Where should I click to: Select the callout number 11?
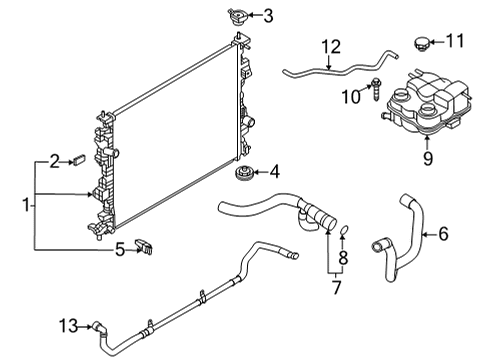pos(456,41)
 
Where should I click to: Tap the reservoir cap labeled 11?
pos(421,43)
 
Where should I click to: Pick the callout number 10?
pos(350,96)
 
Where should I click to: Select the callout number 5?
pos(119,249)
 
